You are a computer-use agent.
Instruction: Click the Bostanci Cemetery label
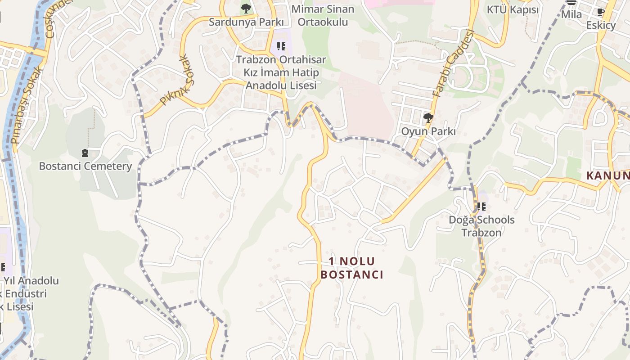[85, 166]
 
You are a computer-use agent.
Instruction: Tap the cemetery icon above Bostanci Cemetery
[85, 153]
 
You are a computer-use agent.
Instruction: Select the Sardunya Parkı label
[246, 22]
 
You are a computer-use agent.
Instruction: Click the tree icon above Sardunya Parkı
[246, 8]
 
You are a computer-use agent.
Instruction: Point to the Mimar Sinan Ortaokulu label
[323, 15]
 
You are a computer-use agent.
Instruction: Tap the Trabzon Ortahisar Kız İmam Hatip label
[281, 72]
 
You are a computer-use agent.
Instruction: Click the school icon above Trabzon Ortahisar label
[281, 46]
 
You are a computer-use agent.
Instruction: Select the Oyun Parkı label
[428, 131]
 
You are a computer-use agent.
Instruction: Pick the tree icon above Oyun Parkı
[428, 118]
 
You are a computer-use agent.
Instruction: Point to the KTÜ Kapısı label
[513, 9]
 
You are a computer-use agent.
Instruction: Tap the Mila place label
[571, 14]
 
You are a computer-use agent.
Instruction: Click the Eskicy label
[601, 25]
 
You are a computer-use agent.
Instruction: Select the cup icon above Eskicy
[600, 12]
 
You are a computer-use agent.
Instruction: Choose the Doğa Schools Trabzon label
[481, 226]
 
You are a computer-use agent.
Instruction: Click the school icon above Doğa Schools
[481, 207]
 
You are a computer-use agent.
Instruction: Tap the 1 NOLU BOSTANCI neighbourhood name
[352, 268]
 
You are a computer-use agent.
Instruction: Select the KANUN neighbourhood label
[607, 175]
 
